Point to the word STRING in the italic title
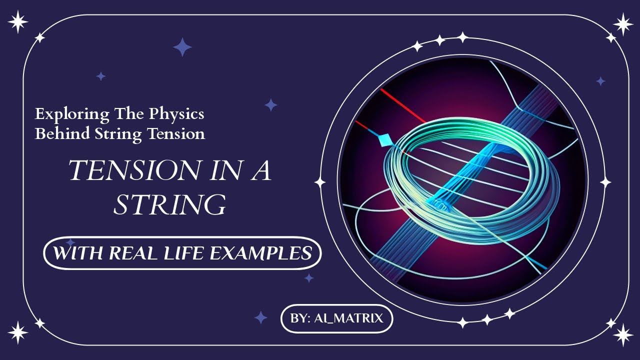point(169,204)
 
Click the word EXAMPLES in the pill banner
point(260,253)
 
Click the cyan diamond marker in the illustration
point(384,140)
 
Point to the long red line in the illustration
point(402,105)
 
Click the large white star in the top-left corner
point(18,22)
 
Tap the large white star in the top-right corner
point(623,23)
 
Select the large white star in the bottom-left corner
point(18,332)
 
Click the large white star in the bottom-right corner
point(623,334)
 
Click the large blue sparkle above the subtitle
point(182,47)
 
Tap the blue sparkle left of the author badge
point(260,317)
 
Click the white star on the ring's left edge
point(320,182)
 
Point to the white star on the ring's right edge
point(605,182)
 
